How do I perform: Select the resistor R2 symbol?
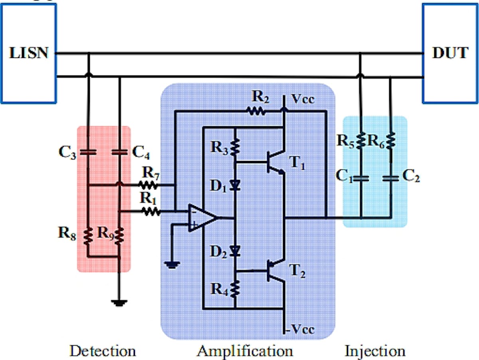click(x=256, y=111)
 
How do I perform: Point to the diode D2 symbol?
click(x=235, y=251)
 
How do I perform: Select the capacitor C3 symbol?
click(x=88, y=152)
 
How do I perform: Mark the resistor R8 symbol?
click(x=88, y=236)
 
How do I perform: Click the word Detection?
click(x=103, y=351)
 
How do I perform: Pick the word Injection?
click(x=375, y=351)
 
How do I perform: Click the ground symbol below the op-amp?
click(x=172, y=265)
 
